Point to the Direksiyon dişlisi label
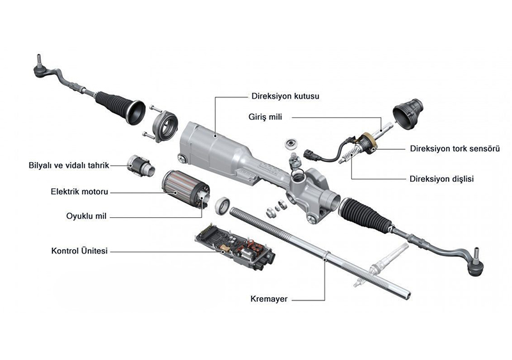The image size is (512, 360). pos(442,179)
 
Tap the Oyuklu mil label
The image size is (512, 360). pos(86,217)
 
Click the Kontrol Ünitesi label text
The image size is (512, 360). pos(79,250)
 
